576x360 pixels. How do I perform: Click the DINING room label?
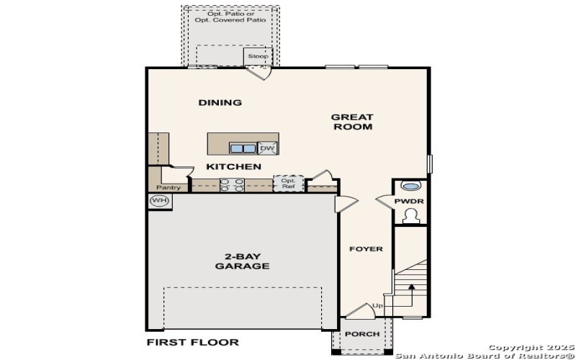click(220, 103)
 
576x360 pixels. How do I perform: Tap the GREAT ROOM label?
click(352, 122)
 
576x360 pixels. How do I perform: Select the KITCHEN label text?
click(233, 167)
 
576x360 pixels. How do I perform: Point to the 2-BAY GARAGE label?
click(242, 261)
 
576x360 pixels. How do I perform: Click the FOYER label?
click(366, 249)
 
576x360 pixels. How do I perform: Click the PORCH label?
click(362, 335)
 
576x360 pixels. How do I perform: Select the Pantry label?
click(168, 188)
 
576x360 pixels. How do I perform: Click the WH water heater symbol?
click(159, 200)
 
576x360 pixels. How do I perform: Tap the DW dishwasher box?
click(267, 148)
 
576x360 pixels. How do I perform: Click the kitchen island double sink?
click(243, 148)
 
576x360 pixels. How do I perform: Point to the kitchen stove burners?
click(231, 185)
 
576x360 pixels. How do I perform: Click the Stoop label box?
click(258, 56)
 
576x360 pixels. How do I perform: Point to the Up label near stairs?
click(378, 307)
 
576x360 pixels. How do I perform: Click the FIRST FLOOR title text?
click(192, 342)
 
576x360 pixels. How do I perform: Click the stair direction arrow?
click(411, 290)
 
